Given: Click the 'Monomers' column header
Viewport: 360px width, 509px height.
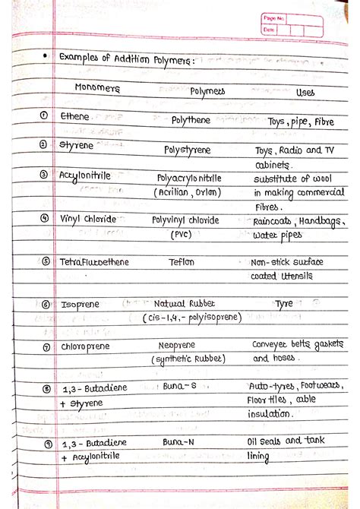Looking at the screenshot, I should click(97, 88).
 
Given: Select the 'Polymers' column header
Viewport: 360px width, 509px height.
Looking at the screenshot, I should click(207, 91).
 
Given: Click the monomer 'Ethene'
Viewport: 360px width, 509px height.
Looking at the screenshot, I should click(74, 117).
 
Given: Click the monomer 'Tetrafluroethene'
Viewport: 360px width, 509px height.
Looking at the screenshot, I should click(94, 262).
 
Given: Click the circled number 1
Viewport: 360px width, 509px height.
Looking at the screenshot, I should click(44, 115).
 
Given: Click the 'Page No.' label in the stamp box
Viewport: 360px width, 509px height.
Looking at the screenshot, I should click(273, 17).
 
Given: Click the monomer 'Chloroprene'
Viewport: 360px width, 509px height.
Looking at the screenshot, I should click(87, 346).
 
